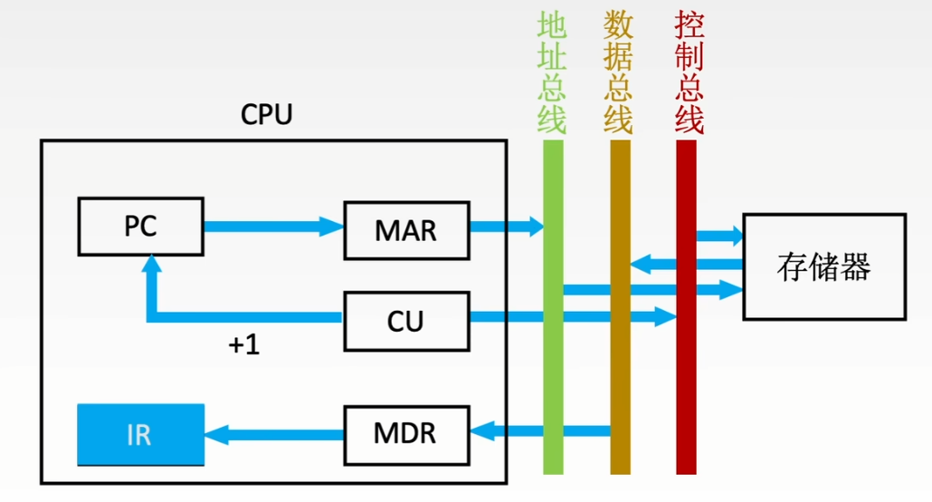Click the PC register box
[x=141, y=227]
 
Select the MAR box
[x=406, y=230]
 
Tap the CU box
[x=406, y=321]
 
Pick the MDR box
[x=406, y=435]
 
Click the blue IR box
[x=141, y=435]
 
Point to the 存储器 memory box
[x=824, y=266]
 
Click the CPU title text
[x=266, y=114]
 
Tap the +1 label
[x=244, y=344]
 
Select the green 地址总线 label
[x=552, y=72]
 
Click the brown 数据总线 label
[x=618, y=72]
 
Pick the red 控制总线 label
[x=689, y=72]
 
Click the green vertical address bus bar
[x=553, y=307]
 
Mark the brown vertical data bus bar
[x=620, y=307]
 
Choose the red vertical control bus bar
[x=686, y=307]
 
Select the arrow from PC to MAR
[x=274, y=227]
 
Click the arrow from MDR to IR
[x=274, y=435]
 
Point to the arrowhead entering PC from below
[x=152, y=264]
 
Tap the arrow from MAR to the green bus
[x=507, y=227]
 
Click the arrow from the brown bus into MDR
[x=540, y=430]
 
